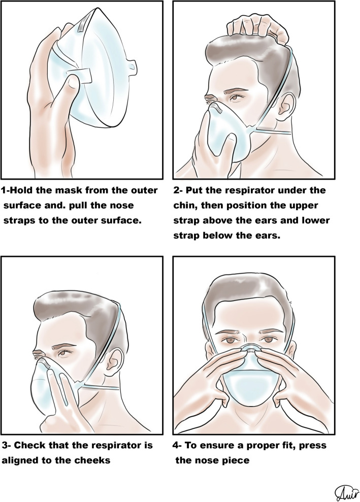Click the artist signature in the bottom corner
tap(346, 493)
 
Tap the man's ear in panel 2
tap(285, 106)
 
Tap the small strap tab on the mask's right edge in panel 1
tap(132, 65)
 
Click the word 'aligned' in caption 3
tap(20, 461)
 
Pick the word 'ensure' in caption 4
tap(222, 446)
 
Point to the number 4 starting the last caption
tap(176, 446)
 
